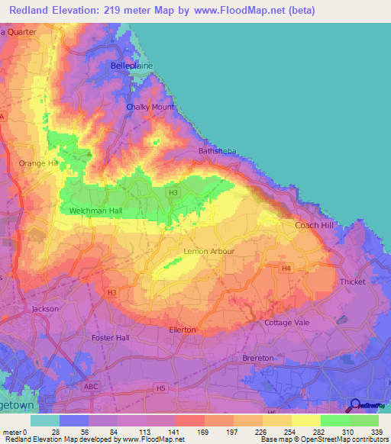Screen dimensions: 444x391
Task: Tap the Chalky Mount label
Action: (x=150, y=107)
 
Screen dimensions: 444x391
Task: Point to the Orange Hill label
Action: (x=38, y=163)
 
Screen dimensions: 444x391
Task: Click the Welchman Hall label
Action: (x=96, y=211)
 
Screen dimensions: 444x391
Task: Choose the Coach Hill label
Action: (x=315, y=225)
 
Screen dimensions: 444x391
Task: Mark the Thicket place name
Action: (x=353, y=282)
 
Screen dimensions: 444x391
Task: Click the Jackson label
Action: (x=45, y=309)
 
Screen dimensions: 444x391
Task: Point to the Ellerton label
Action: (x=183, y=330)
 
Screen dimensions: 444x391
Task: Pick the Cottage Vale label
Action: (x=285, y=322)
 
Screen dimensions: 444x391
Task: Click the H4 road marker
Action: (x=286, y=269)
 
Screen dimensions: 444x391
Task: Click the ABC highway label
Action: (x=91, y=386)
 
